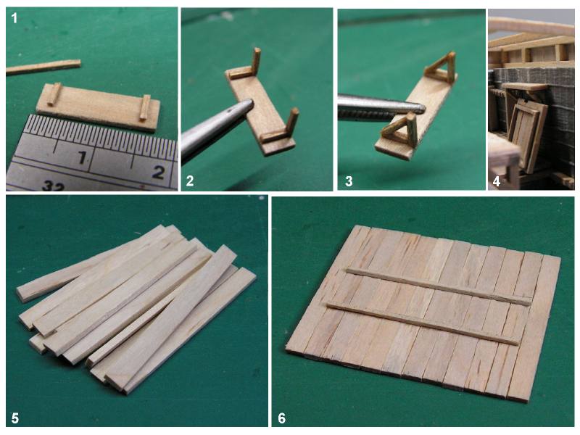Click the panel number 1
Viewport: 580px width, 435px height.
click(14, 18)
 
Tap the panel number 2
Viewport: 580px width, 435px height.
click(190, 181)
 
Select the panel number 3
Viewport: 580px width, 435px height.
click(349, 181)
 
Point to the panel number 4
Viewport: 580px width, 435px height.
click(497, 181)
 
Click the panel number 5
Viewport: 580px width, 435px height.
click(15, 418)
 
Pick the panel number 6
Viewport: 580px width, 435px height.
click(282, 418)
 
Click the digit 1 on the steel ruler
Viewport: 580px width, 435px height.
click(82, 158)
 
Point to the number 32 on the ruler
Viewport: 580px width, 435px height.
click(53, 186)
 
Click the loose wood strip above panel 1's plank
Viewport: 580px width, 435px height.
click(43, 67)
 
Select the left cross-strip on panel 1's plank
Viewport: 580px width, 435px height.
click(54, 94)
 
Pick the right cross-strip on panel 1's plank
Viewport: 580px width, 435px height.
click(145, 107)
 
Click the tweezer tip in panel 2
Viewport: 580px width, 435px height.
click(250, 103)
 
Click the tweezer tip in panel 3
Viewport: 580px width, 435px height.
click(422, 107)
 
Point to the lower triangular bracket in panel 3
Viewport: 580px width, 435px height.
click(400, 130)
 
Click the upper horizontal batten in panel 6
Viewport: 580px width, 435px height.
click(439, 286)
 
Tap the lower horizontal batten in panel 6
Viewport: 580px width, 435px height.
click(423, 323)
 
